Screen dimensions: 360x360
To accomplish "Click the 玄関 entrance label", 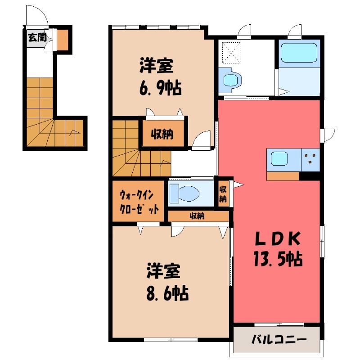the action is (x=37, y=37).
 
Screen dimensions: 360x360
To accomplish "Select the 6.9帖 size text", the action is (x=160, y=88).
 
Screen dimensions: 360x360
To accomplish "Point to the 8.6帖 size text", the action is (x=167, y=293).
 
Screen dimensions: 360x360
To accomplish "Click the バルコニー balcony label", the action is (x=279, y=339).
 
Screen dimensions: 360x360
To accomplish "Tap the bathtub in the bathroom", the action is (x=299, y=53).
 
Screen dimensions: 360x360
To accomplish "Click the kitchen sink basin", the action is (x=279, y=159).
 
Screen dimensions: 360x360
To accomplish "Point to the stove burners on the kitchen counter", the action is (x=310, y=159).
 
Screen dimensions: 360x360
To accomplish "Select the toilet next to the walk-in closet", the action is (x=184, y=193).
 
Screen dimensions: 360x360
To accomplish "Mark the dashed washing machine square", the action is (x=231, y=53).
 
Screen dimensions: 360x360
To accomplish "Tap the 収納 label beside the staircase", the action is (x=162, y=134).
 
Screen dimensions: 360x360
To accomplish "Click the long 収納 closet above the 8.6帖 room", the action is (x=198, y=216).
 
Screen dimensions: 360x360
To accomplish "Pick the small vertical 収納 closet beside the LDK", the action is (x=223, y=194).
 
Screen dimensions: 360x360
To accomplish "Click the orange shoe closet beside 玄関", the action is (x=63, y=40).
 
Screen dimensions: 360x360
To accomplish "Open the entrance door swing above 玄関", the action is (x=37, y=15).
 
